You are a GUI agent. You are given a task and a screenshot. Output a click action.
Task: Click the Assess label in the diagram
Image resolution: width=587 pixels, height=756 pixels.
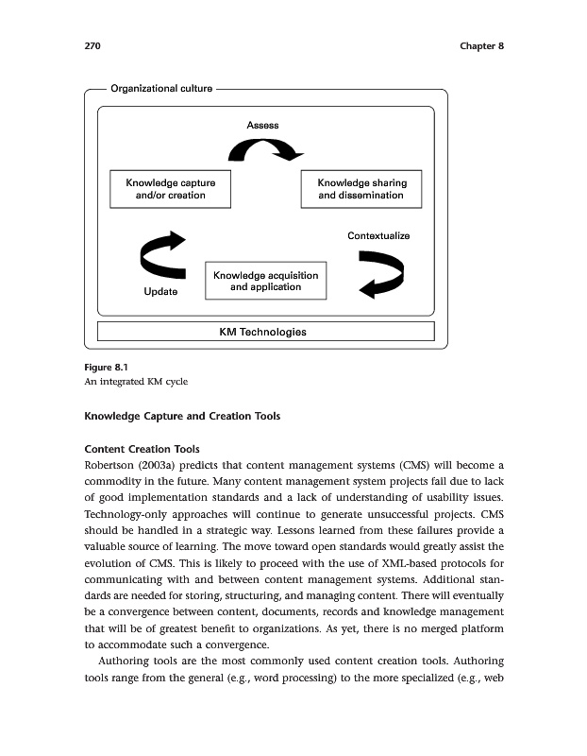[262, 125]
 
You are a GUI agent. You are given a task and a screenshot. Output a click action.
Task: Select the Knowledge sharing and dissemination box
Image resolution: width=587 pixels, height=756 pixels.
[361, 189]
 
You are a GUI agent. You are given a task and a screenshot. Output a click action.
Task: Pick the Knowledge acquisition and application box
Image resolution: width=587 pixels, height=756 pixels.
[265, 281]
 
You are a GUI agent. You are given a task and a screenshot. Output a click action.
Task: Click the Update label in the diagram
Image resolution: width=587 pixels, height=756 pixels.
[160, 292]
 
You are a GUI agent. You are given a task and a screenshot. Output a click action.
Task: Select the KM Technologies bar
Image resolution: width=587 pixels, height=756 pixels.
[265, 332]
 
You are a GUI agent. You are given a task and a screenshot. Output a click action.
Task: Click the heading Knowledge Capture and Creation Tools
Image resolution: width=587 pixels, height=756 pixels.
[182, 417]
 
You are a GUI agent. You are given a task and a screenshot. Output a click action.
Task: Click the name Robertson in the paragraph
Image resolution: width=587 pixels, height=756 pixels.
[114, 465]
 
